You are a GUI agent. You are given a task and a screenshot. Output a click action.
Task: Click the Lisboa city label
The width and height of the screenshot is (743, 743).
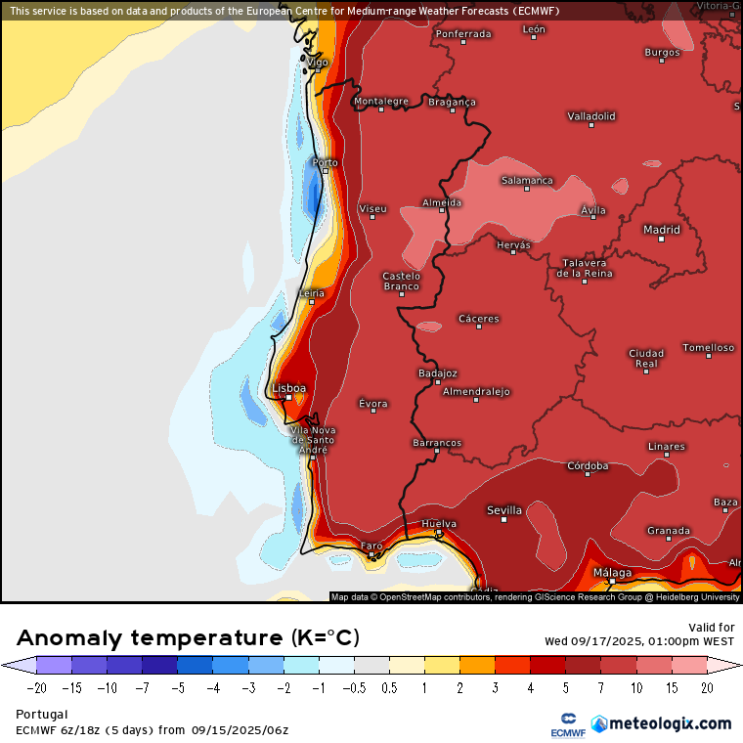(x=288, y=388)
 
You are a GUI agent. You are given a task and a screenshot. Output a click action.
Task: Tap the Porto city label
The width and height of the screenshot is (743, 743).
(x=325, y=162)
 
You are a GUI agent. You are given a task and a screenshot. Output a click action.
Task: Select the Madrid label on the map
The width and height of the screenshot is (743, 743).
(x=661, y=230)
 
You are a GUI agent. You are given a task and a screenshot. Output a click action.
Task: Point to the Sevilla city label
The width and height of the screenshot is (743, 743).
(x=504, y=510)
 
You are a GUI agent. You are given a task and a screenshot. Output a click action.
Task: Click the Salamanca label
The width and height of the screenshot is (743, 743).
(x=527, y=180)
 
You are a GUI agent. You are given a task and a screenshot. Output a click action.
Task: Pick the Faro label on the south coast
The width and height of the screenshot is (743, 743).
(x=371, y=546)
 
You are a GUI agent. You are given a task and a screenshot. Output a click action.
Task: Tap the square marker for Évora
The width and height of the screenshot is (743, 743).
(x=372, y=414)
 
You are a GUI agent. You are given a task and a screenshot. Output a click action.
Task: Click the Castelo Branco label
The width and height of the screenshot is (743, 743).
(x=401, y=281)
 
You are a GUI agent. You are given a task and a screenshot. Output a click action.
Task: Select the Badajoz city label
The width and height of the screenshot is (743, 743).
(x=437, y=372)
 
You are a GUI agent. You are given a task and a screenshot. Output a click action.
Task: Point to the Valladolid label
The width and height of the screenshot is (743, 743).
(x=591, y=115)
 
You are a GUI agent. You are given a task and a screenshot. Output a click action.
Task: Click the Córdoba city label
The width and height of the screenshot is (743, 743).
(x=588, y=465)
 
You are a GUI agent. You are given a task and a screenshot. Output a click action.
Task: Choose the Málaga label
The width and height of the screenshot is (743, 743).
(x=612, y=573)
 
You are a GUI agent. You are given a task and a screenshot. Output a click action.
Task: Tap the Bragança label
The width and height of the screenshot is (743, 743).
(x=452, y=102)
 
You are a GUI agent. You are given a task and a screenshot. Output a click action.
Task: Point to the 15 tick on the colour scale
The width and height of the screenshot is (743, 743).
(x=671, y=687)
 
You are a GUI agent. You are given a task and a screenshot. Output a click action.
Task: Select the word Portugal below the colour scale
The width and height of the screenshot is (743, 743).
(x=41, y=715)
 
